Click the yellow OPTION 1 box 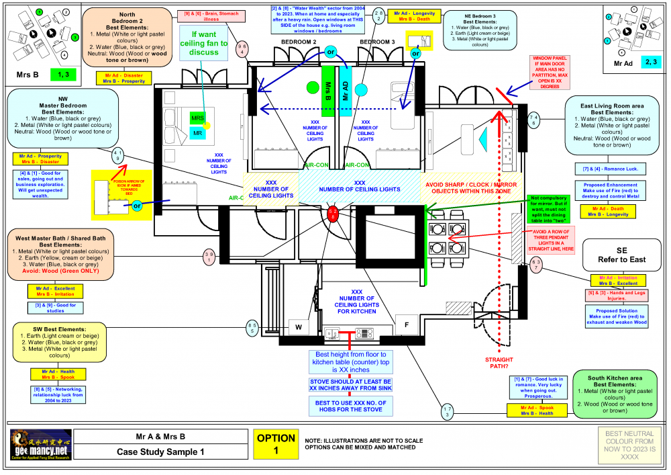tap(276, 445)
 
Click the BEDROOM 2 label tap(299, 42)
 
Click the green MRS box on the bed tap(197, 118)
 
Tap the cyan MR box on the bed tap(198, 134)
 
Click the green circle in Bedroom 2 tap(311, 87)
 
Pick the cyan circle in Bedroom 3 tap(362, 88)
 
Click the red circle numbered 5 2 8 tap(333, 216)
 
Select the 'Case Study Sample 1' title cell tap(160, 452)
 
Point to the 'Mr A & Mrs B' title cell tap(160, 437)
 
